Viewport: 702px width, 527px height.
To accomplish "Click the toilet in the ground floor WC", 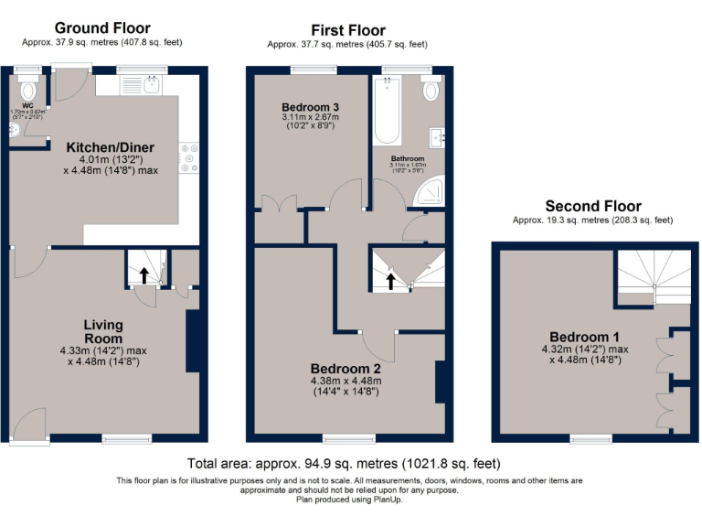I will click(x=27, y=88).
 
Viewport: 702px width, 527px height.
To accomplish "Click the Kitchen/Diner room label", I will click(x=110, y=147).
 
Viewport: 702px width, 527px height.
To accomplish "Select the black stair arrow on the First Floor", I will click(x=391, y=279).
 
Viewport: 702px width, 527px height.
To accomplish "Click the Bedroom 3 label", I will click(x=310, y=107).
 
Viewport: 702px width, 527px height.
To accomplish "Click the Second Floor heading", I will click(x=592, y=207).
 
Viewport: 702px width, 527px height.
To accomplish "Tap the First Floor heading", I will click(x=347, y=30).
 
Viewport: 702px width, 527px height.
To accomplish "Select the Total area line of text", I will click(x=343, y=464).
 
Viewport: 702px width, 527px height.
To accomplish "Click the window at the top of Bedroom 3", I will click(x=314, y=70).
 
